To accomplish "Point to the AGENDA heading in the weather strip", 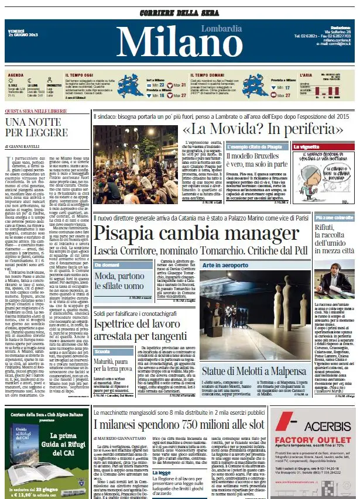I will pos(15,75).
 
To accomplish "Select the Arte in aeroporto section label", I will pos(224,265).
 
